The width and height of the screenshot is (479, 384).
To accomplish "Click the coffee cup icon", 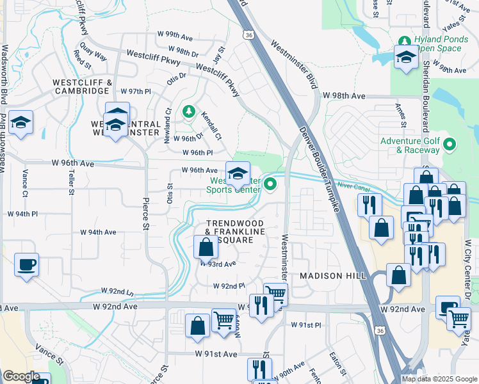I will pyautogui.click(x=26, y=265).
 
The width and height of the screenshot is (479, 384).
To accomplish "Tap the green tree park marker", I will pyautogui.click(x=188, y=112).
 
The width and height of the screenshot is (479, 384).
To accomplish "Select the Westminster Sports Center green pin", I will pyautogui.click(x=270, y=185).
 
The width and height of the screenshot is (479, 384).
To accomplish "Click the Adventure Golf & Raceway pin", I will pyautogui.click(x=450, y=145).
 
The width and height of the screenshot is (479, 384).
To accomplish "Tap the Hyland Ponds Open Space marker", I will pyautogui.click(x=404, y=40).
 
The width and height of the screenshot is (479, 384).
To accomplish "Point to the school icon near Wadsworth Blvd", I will pyautogui.click(x=20, y=124).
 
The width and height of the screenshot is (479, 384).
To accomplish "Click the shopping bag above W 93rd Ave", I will pyautogui.click(x=206, y=247).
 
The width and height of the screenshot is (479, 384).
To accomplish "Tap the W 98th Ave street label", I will pyautogui.click(x=344, y=95).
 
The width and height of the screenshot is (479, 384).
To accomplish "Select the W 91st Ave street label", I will pyautogui.click(x=216, y=354).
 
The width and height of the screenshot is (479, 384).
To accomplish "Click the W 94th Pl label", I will pyautogui.click(x=22, y=213).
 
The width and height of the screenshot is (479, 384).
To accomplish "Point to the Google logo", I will pyautogui.click(x=21, y=376).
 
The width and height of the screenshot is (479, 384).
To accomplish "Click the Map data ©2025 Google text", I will pyautogui.click(x=439, y=379).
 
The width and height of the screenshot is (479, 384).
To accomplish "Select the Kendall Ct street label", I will pyautogui.click(x=211, y=127).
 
